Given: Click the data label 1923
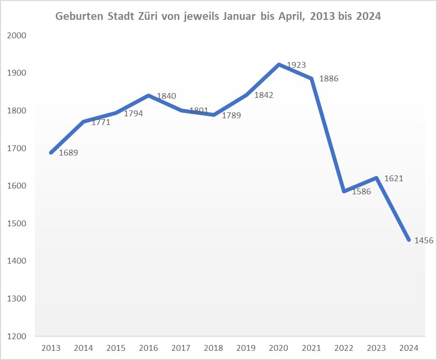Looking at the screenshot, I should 296,64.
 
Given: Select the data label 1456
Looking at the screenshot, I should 423,240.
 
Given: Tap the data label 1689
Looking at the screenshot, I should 68,153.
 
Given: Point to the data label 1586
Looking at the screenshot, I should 361,191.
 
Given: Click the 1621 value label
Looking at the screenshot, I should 394,178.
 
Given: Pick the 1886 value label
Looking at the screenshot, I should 329,78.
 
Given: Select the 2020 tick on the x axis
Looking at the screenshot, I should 278,347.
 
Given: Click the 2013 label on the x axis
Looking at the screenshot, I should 50,347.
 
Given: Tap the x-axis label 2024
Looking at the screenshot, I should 409,347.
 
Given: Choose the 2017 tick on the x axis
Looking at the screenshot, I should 181,347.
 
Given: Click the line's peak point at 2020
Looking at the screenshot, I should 279,64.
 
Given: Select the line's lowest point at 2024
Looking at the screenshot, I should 409,240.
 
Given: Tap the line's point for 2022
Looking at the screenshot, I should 344,191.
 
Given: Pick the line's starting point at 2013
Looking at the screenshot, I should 51,153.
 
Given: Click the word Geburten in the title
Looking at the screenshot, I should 76,16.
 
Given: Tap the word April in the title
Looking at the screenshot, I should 290,16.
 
